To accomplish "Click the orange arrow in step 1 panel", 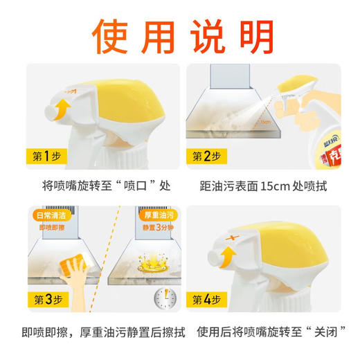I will click(x=63, y=108).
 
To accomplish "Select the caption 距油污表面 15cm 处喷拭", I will click(x=263, y=186).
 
